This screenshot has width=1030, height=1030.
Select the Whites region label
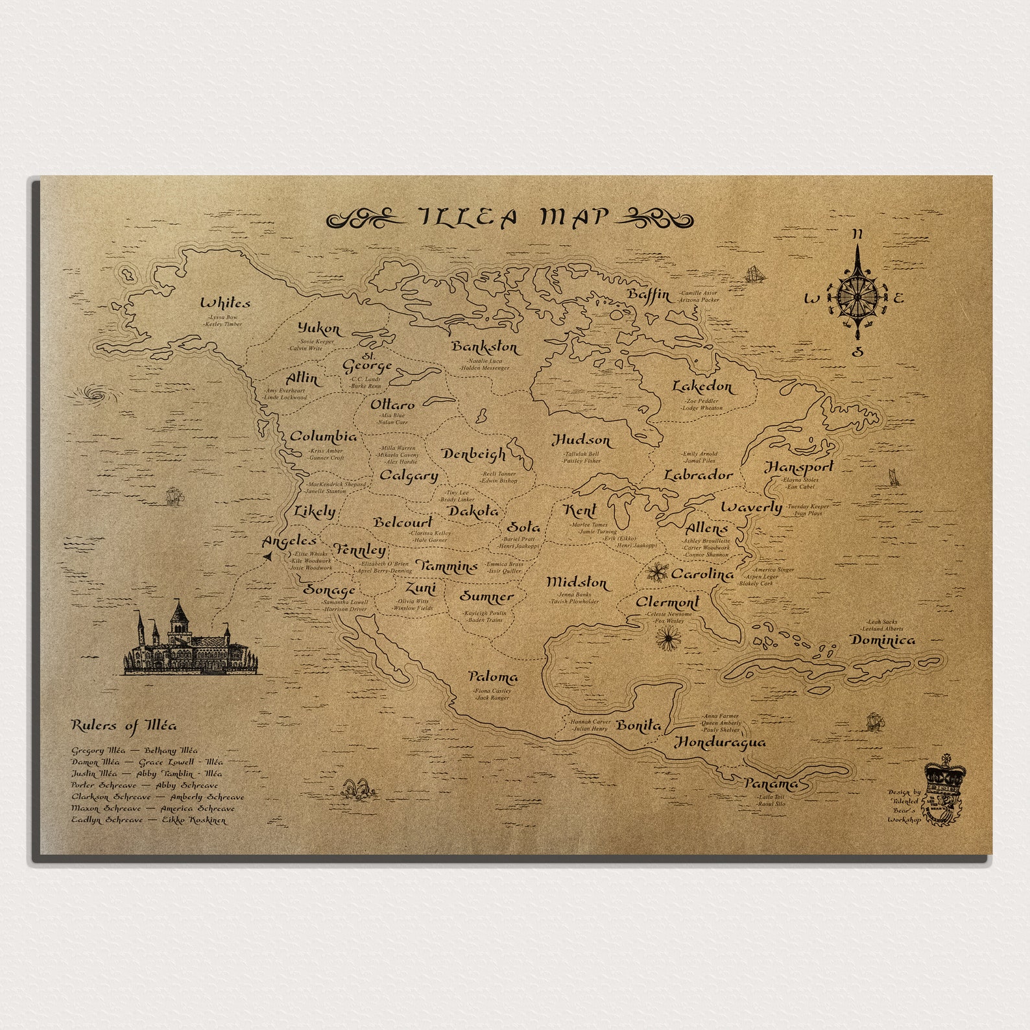coord(225,303)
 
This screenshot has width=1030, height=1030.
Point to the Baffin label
coord(649,295)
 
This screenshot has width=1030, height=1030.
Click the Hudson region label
coord(581,440)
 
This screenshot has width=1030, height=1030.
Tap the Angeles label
coord(289,541)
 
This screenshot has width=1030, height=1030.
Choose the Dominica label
coord(883,640)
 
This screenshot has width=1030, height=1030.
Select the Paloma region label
coord(493,677)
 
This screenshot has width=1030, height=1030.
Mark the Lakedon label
coord(702,387)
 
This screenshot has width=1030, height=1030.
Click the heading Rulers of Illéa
coord(123,726)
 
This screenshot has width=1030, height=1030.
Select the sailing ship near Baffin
coord(754,273)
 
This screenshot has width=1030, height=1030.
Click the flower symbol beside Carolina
coord(658,573)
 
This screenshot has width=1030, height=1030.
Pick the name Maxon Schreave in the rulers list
coord(106,809)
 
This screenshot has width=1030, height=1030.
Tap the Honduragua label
coord(720,742)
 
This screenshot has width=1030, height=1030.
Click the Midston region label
coord(577,582)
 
